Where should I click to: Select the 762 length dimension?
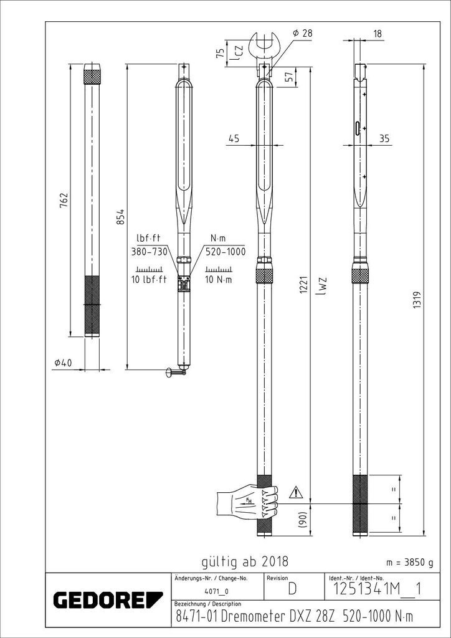click(x=64, y=201)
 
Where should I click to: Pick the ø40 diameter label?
click(x=64, y=363)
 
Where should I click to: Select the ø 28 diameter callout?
click(x=302, y=32)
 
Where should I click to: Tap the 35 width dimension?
click(x=384, y=139)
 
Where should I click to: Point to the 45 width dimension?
click(x=234, y=139)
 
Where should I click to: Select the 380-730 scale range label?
click(x=150, y=252)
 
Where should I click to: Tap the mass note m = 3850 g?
click(x=409, y=562)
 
